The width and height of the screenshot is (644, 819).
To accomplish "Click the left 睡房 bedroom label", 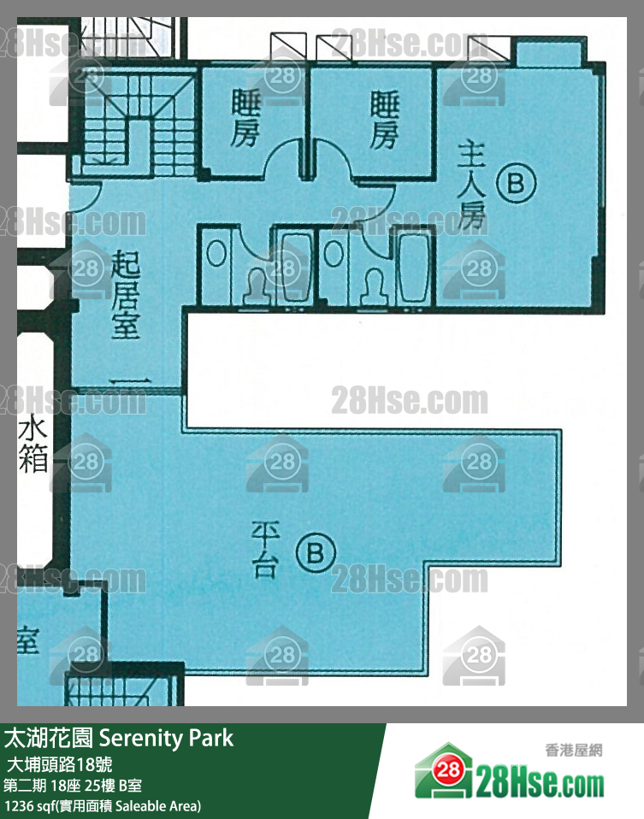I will click(245, 119).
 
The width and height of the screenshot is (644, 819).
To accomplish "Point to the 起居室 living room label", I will click(126, 294).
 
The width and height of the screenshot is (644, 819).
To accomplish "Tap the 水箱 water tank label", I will click(32, 445).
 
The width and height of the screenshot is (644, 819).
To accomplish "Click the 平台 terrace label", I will click(264, 551).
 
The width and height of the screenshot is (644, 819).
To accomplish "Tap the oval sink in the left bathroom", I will click(217, 255).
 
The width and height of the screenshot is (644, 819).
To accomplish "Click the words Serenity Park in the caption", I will click(166, 738).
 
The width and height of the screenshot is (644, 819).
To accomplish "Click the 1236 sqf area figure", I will click(26, 805).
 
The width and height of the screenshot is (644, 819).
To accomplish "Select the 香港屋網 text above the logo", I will click(573, 751).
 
